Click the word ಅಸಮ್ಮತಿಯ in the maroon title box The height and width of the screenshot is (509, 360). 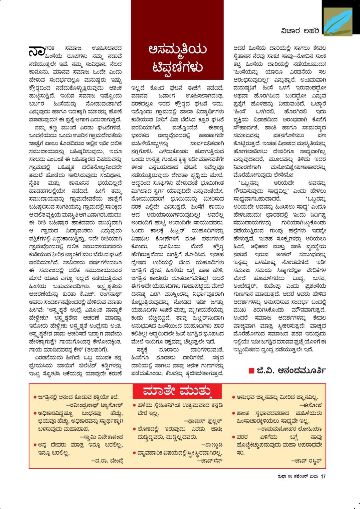[x=177, y=50]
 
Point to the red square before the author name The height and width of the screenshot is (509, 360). [x=251, y=370]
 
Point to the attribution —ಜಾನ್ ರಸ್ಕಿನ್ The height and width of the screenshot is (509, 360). [x=306, y=461]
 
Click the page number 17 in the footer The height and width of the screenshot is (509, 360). [x=323, y=477]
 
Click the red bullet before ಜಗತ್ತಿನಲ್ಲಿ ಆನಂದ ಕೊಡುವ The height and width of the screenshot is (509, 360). [x=35, y=397]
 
